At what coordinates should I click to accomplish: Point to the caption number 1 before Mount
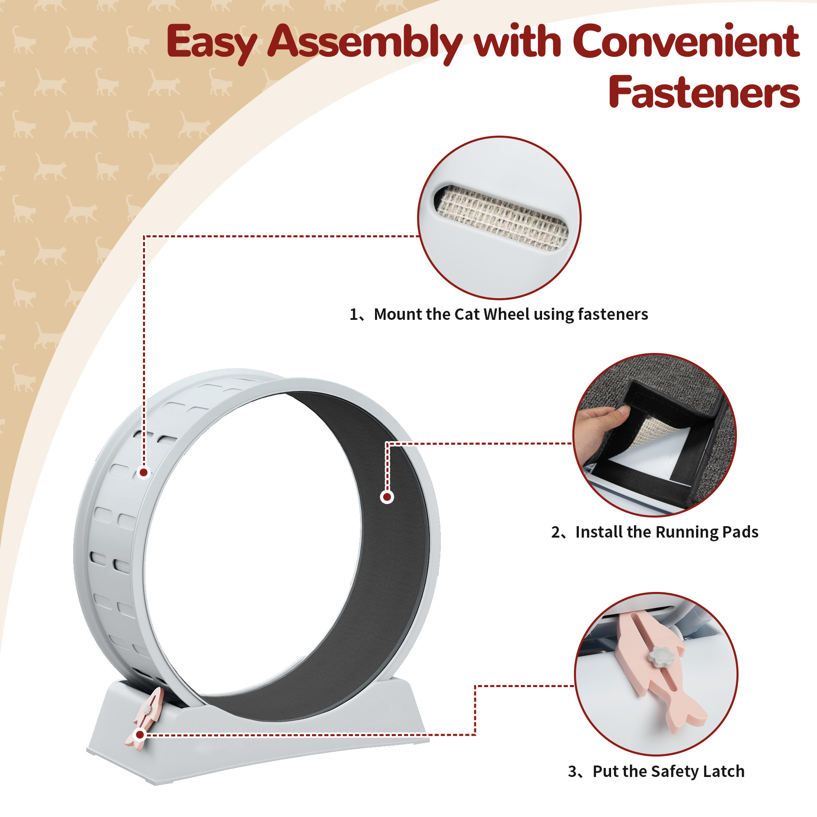tap(353, 314)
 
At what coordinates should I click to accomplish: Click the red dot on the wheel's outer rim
tap(144, 472)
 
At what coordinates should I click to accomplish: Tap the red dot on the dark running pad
tap(387, 497)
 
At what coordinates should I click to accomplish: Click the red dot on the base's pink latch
tap(140, 734)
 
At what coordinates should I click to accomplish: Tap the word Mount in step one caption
tap(398, 314)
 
